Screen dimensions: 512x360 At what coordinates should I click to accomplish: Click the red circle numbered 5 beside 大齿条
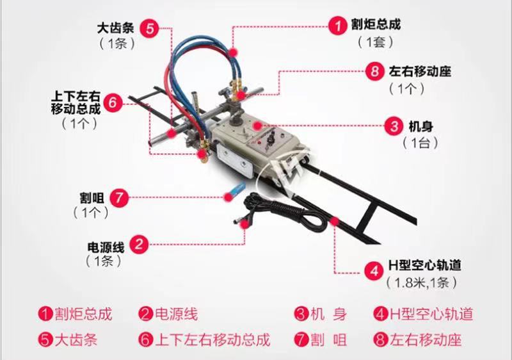tap(150, 28)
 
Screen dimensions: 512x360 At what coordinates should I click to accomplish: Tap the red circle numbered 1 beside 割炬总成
tap(338, 25)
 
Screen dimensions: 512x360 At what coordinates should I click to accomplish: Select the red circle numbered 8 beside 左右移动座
tap(374, 71)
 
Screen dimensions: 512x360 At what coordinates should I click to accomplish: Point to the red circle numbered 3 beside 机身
tap(394, 126)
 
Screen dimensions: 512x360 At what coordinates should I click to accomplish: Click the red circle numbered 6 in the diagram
tap(113, 103)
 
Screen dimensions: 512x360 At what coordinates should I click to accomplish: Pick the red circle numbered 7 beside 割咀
tap(119, 198)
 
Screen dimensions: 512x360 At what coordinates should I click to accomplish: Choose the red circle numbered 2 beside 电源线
tap(139, 244)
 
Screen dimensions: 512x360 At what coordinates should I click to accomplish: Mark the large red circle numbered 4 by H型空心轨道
tap(374, 270)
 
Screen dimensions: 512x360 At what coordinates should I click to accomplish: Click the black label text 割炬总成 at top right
tap(376, 24)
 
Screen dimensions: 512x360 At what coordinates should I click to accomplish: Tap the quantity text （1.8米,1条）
tap(422, 283)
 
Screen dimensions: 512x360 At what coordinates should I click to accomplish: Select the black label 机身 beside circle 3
tap(421, 126)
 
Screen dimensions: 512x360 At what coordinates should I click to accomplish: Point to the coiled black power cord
tap(287, 213)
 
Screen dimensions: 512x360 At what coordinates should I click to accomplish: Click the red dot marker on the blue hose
tap(233, 53)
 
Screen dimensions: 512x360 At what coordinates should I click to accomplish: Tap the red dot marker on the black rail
tap(334, 222)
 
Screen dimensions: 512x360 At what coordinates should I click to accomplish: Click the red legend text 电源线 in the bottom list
tap(177, 315)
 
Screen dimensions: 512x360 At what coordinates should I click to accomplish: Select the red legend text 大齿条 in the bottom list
tap(76, 340)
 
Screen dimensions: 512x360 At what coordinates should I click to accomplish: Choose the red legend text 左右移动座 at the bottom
tap(426, 340)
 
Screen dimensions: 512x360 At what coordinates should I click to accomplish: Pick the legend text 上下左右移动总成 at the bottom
tap(212, 340)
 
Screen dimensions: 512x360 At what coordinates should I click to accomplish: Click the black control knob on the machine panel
tap(270, 140)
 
